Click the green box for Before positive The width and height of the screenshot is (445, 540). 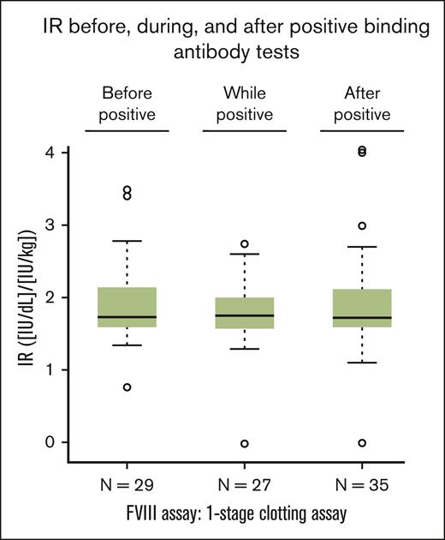point(127,308)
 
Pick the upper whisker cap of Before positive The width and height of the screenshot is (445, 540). point(127,241)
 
